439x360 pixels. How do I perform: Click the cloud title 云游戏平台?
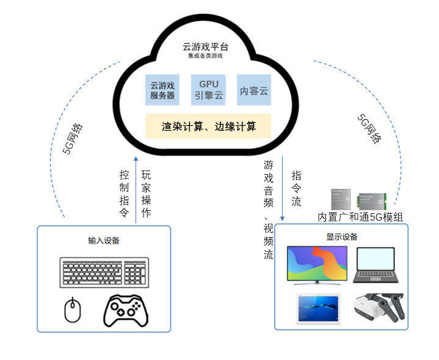[x=206, y=46]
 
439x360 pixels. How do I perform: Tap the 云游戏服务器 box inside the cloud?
[x=162, y=90]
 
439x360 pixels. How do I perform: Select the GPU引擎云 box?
[x=209, y=90]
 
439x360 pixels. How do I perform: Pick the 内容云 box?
[x=254, y=91]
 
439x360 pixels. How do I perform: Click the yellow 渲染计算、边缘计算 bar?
[x=208, y=127]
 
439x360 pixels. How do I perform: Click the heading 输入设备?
[x=103, y=240]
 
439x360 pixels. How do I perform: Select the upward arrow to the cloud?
[x=136, y=183]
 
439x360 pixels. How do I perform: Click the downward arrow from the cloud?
[x=283, y=189]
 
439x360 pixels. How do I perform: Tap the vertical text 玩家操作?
[x=146, y=194]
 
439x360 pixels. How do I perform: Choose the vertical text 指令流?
[x=297, y=188]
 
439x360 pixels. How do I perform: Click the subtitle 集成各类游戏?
[x=206, y=56]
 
